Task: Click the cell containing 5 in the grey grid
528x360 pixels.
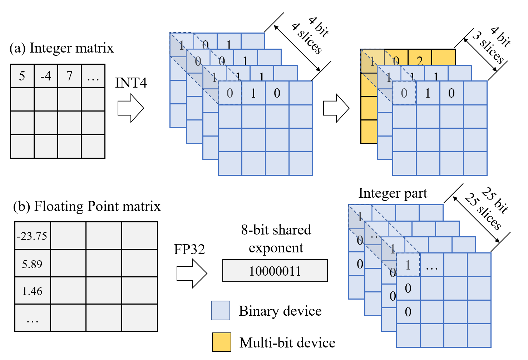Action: [x=23, y=76]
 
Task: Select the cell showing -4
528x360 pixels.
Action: [x=46, y=76]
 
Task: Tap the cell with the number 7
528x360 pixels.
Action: [x=69, y=76]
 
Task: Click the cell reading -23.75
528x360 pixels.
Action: [x=33, y=236]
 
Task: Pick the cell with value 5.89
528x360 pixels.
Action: [x=33, y=264]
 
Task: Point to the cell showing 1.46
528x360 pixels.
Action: [x=33, y=291]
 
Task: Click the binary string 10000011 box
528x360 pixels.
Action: [x=275, y=271]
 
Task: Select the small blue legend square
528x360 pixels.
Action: [x=220, y=310]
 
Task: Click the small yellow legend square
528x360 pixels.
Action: [x=221, y=342]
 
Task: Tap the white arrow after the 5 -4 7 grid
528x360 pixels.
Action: [x=131, y=108]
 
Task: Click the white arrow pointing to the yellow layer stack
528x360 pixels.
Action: [x=336, y=108]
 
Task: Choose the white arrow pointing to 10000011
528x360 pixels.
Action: [x=192, y=273]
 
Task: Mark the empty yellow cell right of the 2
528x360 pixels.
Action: [x=443, y=57]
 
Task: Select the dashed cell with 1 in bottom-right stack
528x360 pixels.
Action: [x=408, y=265]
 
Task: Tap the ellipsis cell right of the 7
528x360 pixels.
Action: [x=93, y=76]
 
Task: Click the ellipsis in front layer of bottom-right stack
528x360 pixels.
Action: [x=432, y=265]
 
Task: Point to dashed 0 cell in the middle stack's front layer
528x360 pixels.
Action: [x=230, y=93]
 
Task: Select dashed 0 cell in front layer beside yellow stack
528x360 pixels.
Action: [x=404, y=93]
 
